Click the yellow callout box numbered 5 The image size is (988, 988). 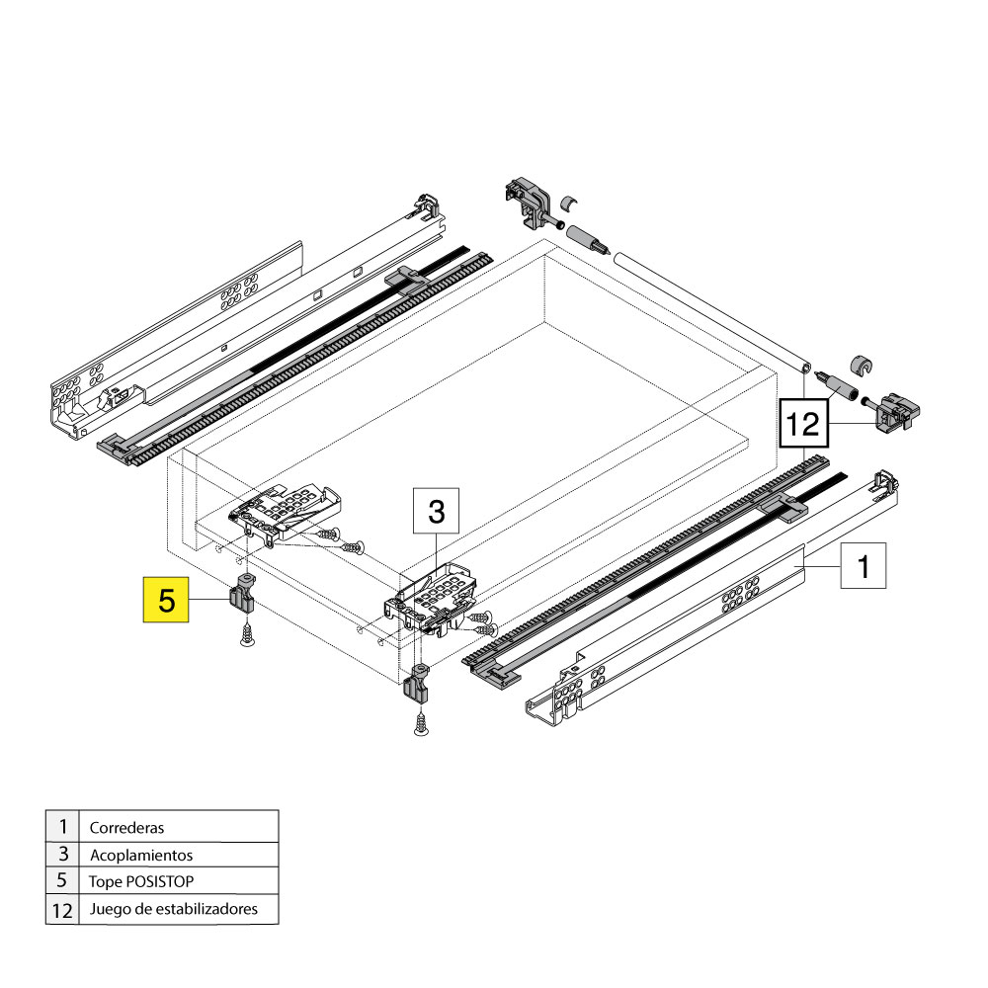pos(166,600)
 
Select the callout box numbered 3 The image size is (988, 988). pos(436,511)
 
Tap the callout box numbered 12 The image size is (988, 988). pos(803,424)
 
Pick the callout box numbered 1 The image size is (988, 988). pos(864,566)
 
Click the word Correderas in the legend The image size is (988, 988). pos(126,827)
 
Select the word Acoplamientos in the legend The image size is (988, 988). pos(141,855)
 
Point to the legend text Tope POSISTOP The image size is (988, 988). pos(141,881)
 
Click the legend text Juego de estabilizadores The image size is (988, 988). pos(173,909)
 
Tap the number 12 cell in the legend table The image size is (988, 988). pos(62,910)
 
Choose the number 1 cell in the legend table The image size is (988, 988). pos(62,826)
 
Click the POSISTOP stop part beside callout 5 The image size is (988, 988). pos(242,594)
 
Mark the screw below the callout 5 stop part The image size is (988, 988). pos(248,633)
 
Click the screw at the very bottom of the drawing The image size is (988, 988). pos(421,722)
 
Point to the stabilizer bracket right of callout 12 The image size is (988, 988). pos(897,410)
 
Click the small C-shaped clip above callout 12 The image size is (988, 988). pos(862,365)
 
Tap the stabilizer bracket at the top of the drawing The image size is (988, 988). pos(528,203)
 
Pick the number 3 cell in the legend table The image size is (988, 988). pos(62,855)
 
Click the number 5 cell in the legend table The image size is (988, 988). pos(62,881)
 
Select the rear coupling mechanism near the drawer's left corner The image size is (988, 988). pos(285,513)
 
